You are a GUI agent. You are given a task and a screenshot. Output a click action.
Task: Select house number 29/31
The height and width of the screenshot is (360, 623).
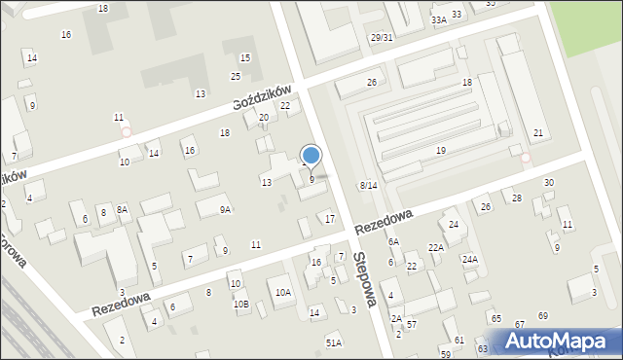(x=381, y=37)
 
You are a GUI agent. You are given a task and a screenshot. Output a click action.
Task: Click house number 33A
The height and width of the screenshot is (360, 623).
(x=439, y=19)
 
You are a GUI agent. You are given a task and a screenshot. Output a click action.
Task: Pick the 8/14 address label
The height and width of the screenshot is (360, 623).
(x=368, y=185)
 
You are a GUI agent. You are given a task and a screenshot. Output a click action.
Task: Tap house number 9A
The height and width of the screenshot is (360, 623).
(x=225, y=209)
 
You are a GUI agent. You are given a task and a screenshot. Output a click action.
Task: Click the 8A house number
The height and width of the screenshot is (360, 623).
(x=122, y=209)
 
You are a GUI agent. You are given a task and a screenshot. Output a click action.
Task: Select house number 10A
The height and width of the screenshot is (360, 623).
(x=282, y=292)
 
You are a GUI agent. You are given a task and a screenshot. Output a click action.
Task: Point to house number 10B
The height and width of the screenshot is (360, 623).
(x=240, y=304)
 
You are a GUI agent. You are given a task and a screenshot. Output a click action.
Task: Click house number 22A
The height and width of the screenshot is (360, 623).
(x=436, y=247)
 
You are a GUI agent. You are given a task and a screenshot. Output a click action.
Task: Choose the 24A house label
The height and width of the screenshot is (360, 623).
(x=469, y=260)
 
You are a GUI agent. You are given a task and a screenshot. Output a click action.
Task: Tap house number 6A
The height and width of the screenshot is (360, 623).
(x=393, y=241)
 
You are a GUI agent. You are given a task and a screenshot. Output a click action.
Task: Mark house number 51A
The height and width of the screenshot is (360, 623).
(x=334, y=342)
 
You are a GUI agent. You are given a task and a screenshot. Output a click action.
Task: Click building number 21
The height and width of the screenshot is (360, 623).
(x=538, y=132)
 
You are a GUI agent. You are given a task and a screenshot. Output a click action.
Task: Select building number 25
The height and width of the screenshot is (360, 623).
(x=236, y=76)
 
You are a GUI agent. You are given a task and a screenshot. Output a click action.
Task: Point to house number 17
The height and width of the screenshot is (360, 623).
(x=330, y=218)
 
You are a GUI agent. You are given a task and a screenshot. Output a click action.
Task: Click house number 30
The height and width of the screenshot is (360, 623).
(x=548, y=183)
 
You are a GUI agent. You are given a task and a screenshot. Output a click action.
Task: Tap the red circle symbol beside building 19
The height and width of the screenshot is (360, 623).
(x=526, y=158)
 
